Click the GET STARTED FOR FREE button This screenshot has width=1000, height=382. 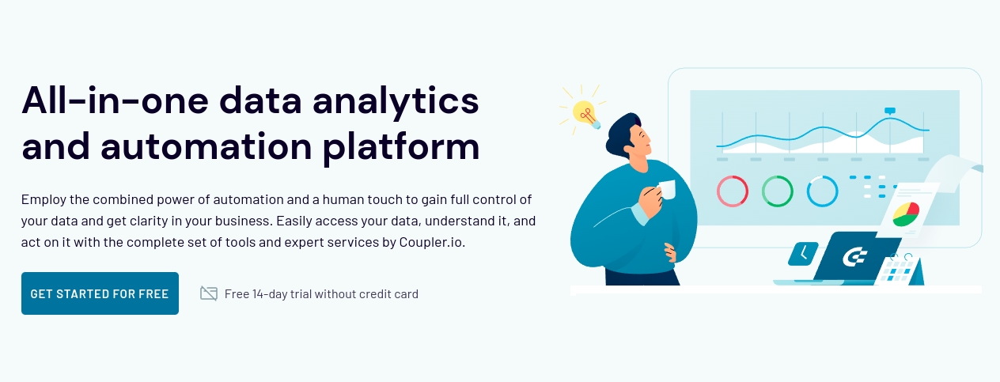(x=100, y=293)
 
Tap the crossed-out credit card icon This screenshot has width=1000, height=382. (x=209, y=293)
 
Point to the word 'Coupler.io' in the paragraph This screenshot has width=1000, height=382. (x=431, y=242)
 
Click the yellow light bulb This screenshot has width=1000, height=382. (x=585, y=114)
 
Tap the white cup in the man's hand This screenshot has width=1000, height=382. (x=666, y=190)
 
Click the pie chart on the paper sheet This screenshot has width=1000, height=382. (x=906, y=214)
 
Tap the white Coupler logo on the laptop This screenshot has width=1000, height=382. (x=854, y=257)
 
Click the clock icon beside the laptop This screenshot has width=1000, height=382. (x=803, y=253)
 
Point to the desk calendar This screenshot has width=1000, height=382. (x=898, y=270)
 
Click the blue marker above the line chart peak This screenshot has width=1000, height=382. (x=890, y=111)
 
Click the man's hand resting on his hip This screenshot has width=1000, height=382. (x=670, y=252)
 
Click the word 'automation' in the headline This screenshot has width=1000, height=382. (x=206, y=146)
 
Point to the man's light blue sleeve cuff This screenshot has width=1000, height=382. (x=640, y=214)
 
